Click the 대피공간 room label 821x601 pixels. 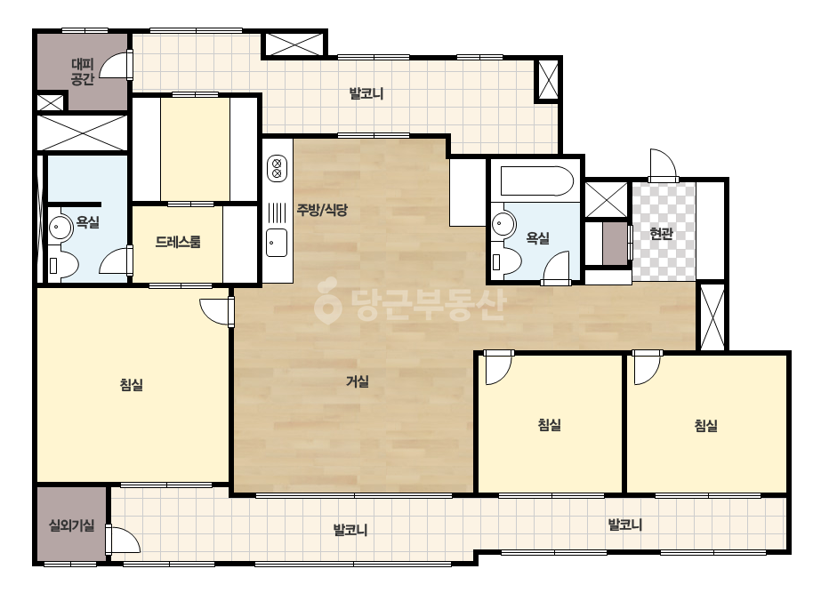pyautogui.click(x=83, y=72)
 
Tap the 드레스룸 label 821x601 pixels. pyautogui.click(x=178, y=242)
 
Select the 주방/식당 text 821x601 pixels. pyautogui.click(x=322, y=210)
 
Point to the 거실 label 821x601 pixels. pyautogui.click(x=358, y=381)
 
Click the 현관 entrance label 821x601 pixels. pyautogui.click(x=661, y=233)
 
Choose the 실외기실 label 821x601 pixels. pyautogui.click(x=72, y=525)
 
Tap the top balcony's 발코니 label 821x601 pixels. pyautogui.click(x=366, y=93)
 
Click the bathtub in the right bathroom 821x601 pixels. pyautogui.click(x=536, y=181)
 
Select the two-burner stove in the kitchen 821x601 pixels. pyautogui.click(x=278, y=168)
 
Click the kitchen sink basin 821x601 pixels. pyautogui.click(x=277, y=243)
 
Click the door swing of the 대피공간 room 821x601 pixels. pyautogui.click(x=115, y=65)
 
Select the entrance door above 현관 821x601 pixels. pyautogui.click(x=664, y=165)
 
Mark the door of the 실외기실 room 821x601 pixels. pyautogui.click(x=123, y=540)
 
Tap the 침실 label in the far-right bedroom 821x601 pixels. pyautogui.click(x=705, y=426)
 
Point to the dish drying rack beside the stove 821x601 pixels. pyautogui.click(x=277, y=212)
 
